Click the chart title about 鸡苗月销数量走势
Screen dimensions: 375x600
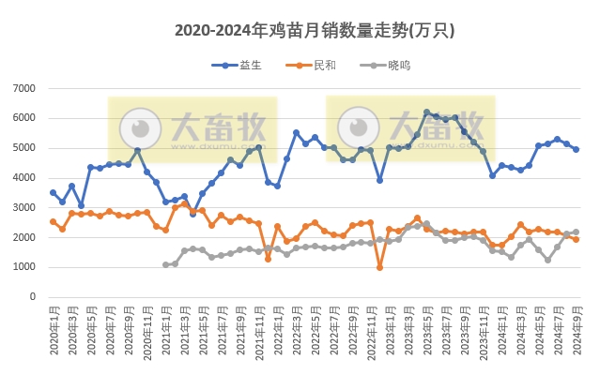pyautogui.click(x=315, y=31)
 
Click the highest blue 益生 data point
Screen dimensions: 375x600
pyautogui.click(x=426, y=112)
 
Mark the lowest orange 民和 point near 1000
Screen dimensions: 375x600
pyautogui.click(x=379, y=267)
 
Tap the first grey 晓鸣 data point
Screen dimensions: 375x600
pyautogui.click(x=165, y=264)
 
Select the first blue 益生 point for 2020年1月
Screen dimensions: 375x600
pyautogui.click(x=53, y=192)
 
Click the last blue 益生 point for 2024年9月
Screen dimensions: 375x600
pyautogui.click(x=576, y=149)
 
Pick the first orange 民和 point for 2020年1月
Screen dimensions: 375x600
pyautogui.click(x=53, y=221)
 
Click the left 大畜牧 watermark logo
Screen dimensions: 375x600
pyautogui.click(x=192, y=128)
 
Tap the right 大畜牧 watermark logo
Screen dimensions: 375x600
pyautogui.click(x=410, y=128)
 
